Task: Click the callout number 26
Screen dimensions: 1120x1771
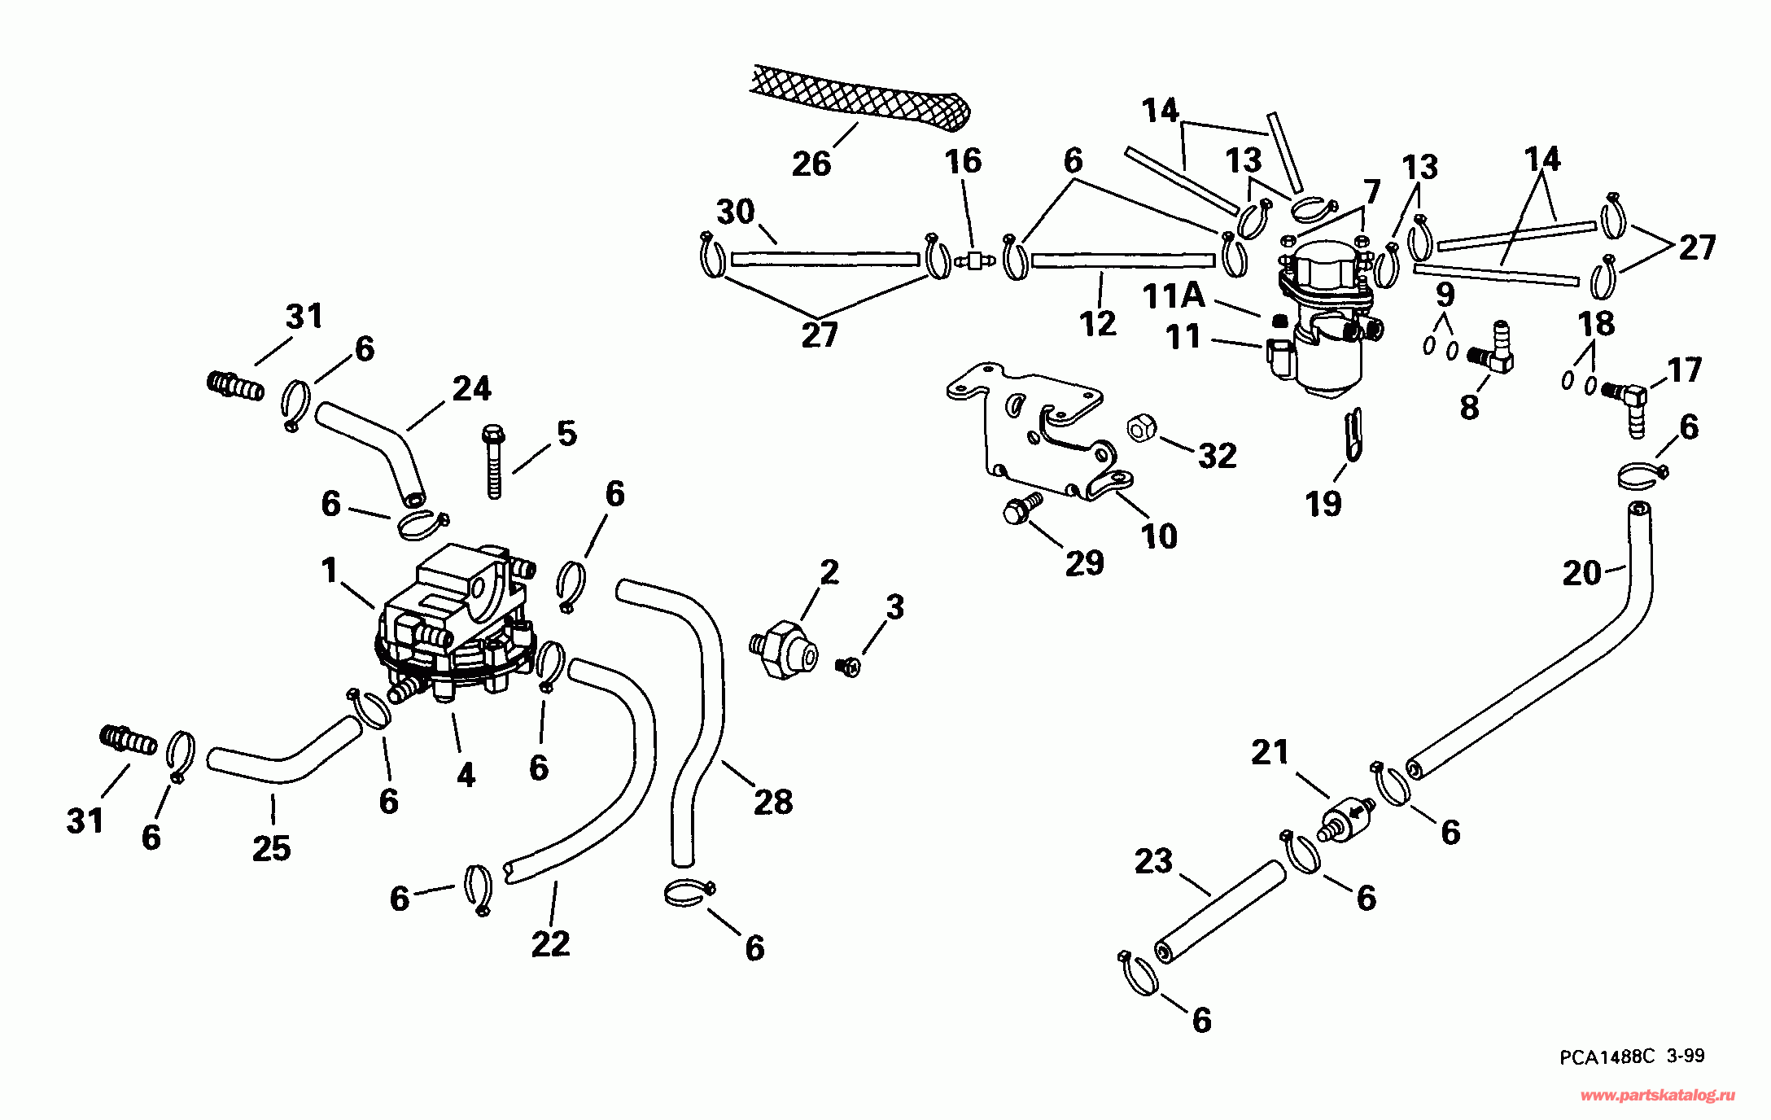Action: (811, 164)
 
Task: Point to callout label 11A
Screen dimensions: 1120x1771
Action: (1173, 295)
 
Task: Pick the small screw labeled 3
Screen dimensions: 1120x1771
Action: (847, 667)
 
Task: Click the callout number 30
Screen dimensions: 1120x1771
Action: (735, 212)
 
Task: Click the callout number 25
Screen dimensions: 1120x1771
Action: (271, 849)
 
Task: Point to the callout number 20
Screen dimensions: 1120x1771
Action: (1581, 573)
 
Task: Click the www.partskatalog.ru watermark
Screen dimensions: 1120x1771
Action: (1656, 1096)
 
